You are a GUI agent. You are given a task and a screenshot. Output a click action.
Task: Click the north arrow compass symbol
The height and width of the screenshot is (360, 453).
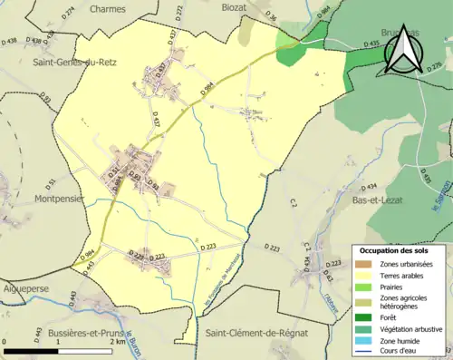400,50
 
